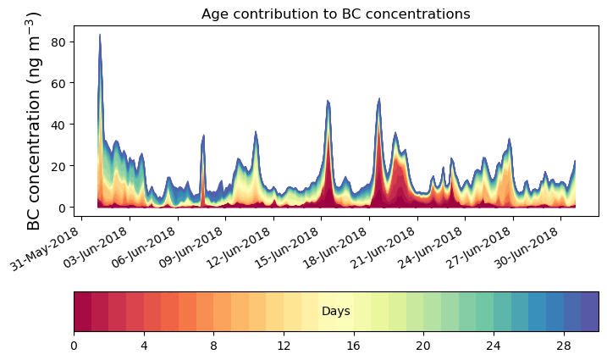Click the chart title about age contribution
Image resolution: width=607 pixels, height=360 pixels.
tap(335, 14)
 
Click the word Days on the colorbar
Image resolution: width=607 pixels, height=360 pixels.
tap(336, 312)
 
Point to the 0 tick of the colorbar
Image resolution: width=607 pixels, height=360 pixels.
tap(74, 346)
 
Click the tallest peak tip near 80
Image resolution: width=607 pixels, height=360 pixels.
tap(100, 35)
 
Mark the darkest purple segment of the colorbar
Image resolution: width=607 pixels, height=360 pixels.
tap(590, 312)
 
